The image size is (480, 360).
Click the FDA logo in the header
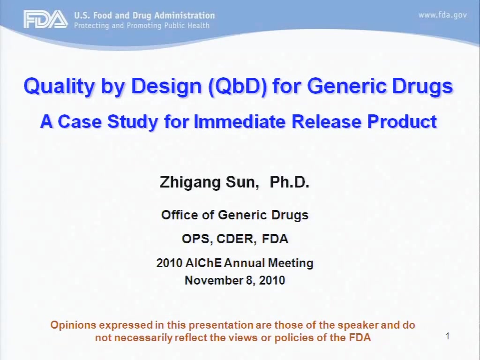tap(45, 19)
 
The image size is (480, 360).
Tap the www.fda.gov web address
tap(442, 15)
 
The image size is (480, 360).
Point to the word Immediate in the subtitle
tap(240, 121)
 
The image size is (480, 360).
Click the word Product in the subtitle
tap(402, 121)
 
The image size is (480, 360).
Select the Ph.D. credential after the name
tap(289, 182)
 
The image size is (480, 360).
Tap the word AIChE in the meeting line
tap(203, 263)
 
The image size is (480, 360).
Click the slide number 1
tap(448, 336)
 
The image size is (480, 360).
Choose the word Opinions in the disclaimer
tap(73, 325)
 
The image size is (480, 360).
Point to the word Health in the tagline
tap(198, 25)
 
